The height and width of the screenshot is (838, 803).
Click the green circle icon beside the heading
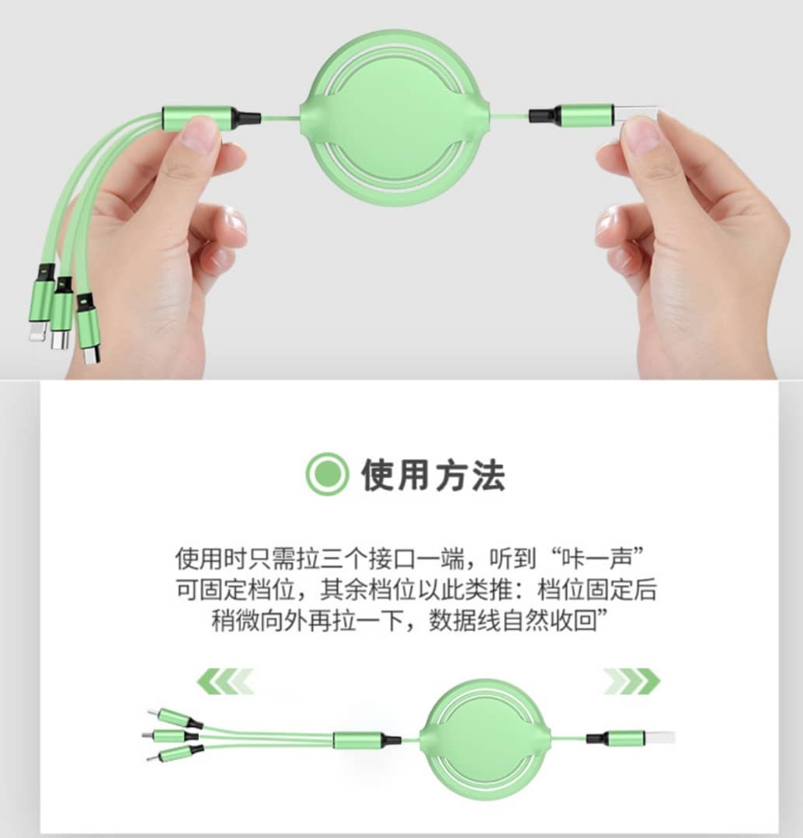[328, 474]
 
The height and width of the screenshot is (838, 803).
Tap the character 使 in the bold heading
[379, 475]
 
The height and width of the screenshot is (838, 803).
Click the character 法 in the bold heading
[488, 475]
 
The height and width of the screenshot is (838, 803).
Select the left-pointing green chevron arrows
[225, 681]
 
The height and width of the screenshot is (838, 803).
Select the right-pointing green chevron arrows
[632, 681]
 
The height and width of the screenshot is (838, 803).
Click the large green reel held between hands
[395, 118]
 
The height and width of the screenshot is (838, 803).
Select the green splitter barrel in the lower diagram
[357, 739]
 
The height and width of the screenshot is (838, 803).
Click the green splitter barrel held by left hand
[198, 118]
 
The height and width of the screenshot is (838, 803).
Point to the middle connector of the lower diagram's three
[166, 736]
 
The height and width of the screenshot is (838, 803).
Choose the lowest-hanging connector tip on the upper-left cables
[92, 355]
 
